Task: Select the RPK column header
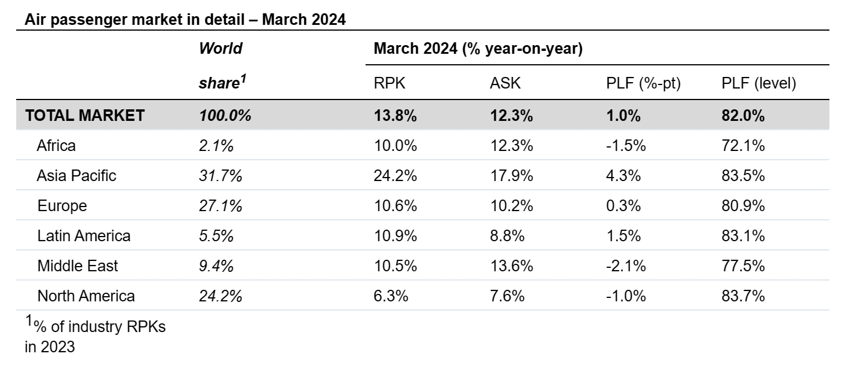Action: click(389, 83)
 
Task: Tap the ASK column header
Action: click(505, 83)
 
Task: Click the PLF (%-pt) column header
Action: click(643, 83)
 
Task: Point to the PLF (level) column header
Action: click(758, 83)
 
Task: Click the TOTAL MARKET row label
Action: click(85, 116)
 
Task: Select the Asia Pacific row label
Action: click(76, 176)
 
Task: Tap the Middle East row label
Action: click(78, 266)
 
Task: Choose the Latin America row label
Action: click(84, 236)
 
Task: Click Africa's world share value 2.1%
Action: click(216, 146)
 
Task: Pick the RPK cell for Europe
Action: click(396, 206)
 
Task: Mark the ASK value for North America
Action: click(507, 296)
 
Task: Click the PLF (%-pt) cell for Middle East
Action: click(626, 266)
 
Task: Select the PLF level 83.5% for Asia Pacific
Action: click(743, 176)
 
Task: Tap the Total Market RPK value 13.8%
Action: click(396, 116)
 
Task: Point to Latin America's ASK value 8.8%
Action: click(507, 236)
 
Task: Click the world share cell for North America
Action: click(220, 296)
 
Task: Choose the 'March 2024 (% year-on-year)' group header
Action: click(478, 49)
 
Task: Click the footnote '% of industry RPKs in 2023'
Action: click(95, 336)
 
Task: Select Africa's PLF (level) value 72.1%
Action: click(743, 146)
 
